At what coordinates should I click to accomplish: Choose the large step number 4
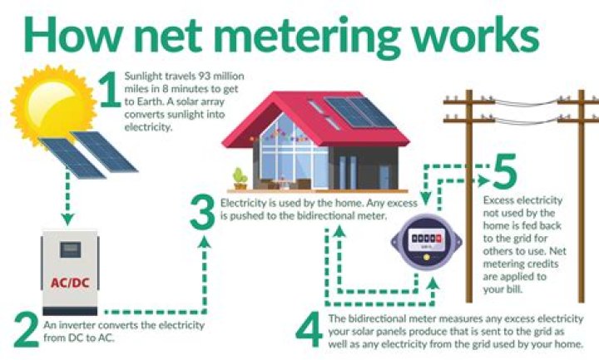point(309,331)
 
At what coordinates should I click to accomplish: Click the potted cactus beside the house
point(240,178)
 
